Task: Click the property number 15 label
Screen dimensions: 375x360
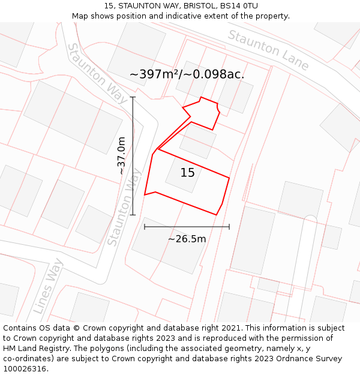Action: (x=188, y=173)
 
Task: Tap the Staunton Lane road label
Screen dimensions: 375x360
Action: (x=268, y=50)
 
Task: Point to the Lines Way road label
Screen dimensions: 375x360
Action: (x=48, y=286)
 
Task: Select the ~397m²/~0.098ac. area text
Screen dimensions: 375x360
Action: (x=187, y=74)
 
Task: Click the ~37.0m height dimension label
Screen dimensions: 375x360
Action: (x=122, y=155)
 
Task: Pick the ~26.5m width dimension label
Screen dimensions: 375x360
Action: (x=187, y=239)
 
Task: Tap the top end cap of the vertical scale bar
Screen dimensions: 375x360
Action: (x=133, y=97)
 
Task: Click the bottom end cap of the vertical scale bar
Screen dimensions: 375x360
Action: (x=133, y=215)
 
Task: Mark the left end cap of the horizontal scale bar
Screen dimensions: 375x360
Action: (x=145, y=227)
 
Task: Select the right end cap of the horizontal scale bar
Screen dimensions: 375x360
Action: (x=229, y=227)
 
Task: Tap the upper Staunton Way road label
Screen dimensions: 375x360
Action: (x=97, y=73)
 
